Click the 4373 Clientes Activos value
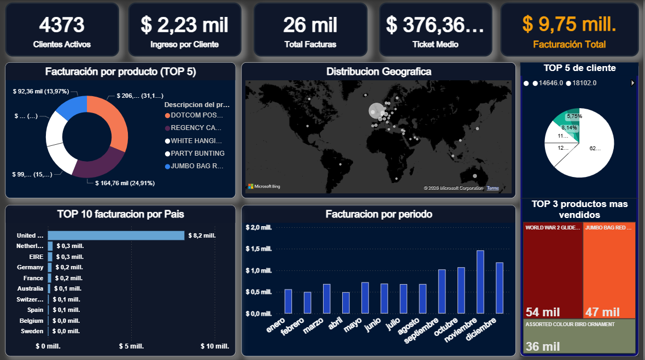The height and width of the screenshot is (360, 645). [61, 25]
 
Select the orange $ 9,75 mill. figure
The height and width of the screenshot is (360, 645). [569, 24]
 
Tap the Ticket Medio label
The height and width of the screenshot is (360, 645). [435, 44]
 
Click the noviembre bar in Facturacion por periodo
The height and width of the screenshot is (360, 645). [480, 282]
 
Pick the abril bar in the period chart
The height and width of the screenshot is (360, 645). [345, 303]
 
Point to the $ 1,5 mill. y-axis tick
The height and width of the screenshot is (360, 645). [259, 249]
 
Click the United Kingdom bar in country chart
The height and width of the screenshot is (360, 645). [116, 235]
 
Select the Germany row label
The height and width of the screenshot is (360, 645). [30, 267]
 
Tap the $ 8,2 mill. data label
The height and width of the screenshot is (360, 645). [202, 235]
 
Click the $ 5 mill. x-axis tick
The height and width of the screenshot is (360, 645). [131, 346]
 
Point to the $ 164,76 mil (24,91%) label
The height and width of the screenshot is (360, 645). [125, 183]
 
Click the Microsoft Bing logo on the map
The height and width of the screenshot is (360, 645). [264, 187]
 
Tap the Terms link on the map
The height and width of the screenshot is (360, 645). [492, 188]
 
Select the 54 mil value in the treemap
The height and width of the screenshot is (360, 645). [543, 312]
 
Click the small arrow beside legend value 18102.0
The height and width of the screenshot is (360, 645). [633, 83]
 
